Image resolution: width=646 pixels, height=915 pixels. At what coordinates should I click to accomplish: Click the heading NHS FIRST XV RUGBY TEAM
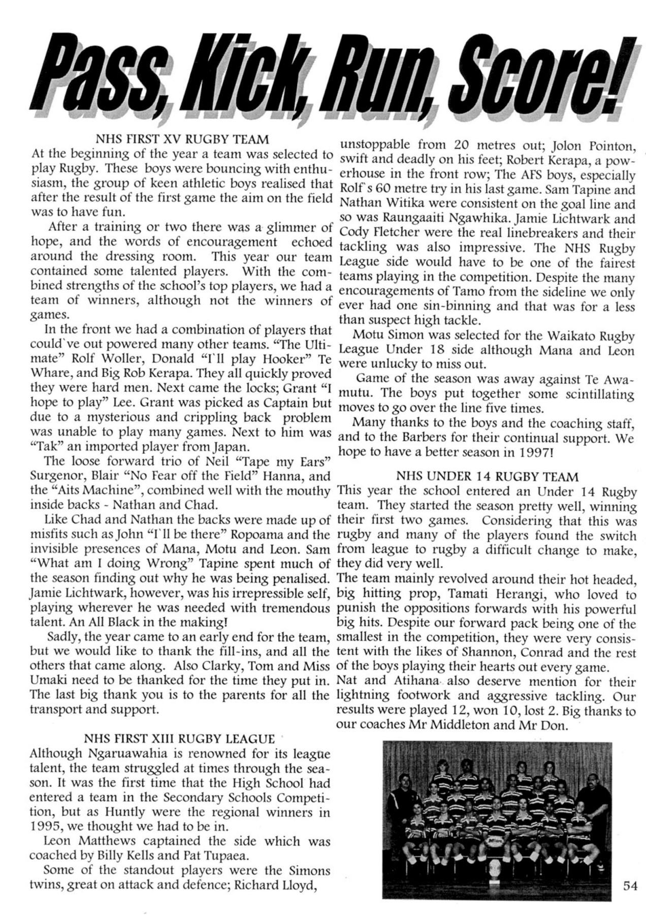[182, 138]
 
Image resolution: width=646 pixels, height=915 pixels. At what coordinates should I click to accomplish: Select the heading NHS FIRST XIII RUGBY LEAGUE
[179, 738]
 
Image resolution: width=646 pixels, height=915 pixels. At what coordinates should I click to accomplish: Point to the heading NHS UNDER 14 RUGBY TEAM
[487, 477]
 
